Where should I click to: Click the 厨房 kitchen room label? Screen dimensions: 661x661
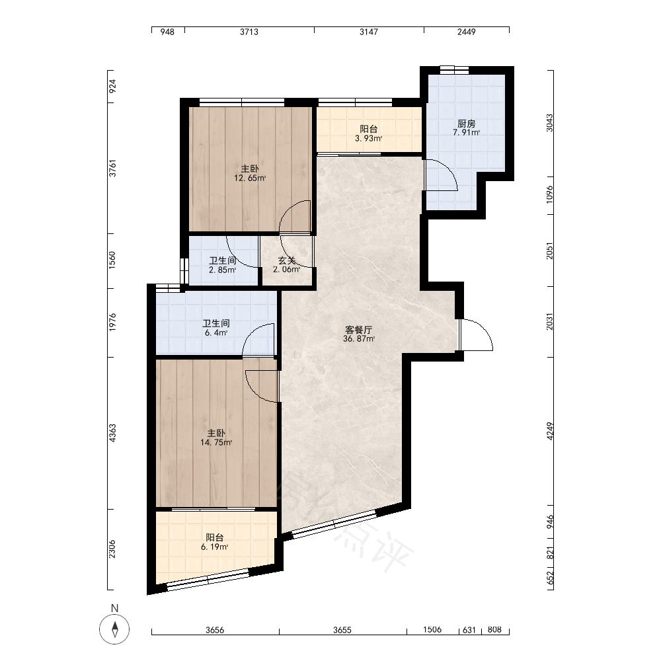466,124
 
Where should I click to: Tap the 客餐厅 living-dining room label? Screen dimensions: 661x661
358,330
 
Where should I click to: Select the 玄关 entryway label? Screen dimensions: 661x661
287,260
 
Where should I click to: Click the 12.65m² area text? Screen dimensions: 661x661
250,178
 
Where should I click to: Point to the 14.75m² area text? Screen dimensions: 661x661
216,442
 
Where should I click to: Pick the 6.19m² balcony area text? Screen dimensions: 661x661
215,547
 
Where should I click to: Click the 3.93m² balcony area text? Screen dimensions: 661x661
368,138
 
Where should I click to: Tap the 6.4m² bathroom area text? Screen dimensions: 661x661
216,332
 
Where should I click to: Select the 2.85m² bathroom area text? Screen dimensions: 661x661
222,270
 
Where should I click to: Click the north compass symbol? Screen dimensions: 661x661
114,629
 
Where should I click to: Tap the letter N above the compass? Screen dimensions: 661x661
114,608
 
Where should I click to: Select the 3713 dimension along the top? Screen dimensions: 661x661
249,32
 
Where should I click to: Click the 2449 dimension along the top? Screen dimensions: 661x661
466,32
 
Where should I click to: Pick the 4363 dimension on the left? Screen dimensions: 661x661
112,434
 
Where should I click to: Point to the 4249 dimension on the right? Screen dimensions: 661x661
550,431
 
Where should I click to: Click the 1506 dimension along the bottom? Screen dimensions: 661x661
432,629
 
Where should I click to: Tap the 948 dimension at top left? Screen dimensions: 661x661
167,32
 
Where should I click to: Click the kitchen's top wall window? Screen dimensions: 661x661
454,70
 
